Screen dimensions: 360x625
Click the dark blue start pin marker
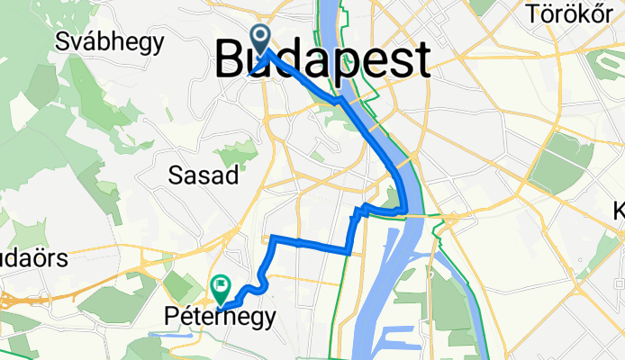click(261, 38)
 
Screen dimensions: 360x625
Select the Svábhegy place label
click(109, 40)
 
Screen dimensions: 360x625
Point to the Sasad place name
click(204, 175)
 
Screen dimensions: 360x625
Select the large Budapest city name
click(322, 61)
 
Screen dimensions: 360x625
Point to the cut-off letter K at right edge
click(620, 211)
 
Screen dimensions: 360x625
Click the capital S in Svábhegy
click(62, 40)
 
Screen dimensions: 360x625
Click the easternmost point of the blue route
click(407, 212)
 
